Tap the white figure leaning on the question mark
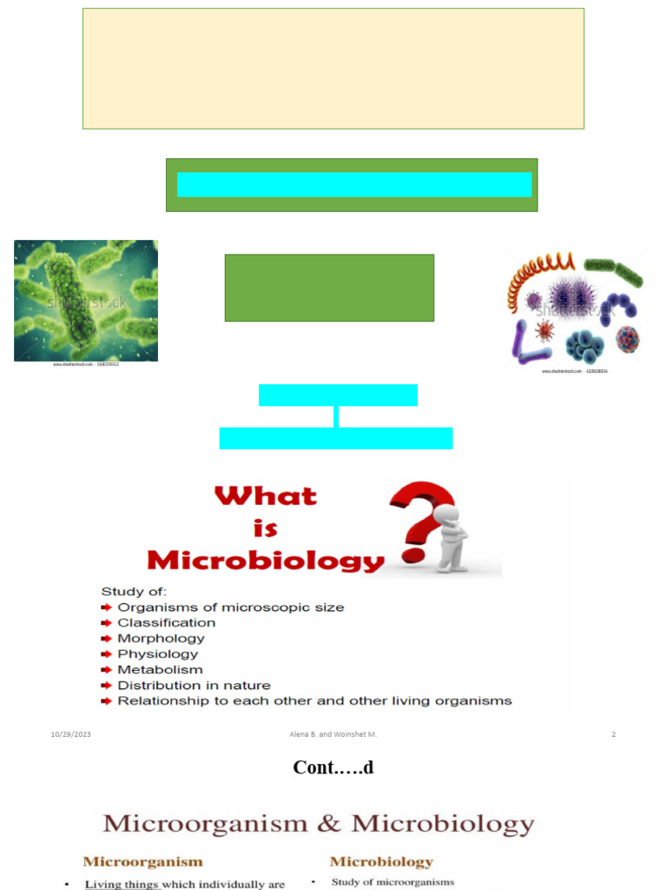pos(451,540)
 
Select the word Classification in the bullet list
pos(167,622)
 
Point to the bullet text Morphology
pos(162,638)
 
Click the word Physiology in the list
pos(158,654)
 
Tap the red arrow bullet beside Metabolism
pos(107,670)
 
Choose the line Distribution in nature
pos(194,685)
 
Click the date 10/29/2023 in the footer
pos(70,734)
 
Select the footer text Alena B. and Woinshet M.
pos(333,734)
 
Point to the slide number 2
pos(613,734)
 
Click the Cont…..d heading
pos(333,767)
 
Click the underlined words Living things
pos(122,884)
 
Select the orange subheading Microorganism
pos(142,862)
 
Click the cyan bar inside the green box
pos(353,184)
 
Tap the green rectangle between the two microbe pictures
pos(329,288)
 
